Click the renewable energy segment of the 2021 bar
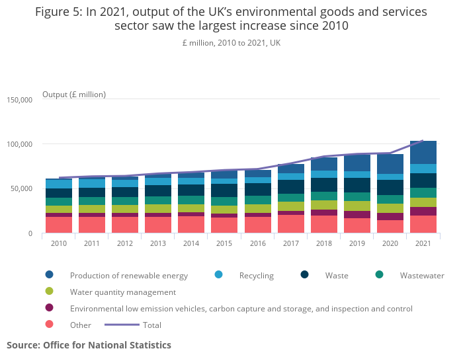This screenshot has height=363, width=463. click(423, 152)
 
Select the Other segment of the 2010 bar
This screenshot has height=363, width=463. click(59, 225)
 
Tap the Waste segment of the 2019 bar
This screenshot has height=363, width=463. click(357, 184)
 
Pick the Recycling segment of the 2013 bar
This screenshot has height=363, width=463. click(158, 181)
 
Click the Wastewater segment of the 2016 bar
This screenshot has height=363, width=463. click(257, 200)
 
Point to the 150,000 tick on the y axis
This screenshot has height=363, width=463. click(20, 100)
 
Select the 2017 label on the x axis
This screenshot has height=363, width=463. click(290, 243)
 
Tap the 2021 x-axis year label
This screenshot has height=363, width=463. click(423, 243)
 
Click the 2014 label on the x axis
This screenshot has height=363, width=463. click(191, 243)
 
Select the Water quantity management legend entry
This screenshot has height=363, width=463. click(122, 292)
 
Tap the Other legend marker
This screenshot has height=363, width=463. click(50, 325)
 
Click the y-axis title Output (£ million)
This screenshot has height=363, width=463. click(74, 95)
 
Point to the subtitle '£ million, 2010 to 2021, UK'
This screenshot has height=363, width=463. click(232, 42)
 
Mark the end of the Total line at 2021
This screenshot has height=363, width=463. click(423, 140)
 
